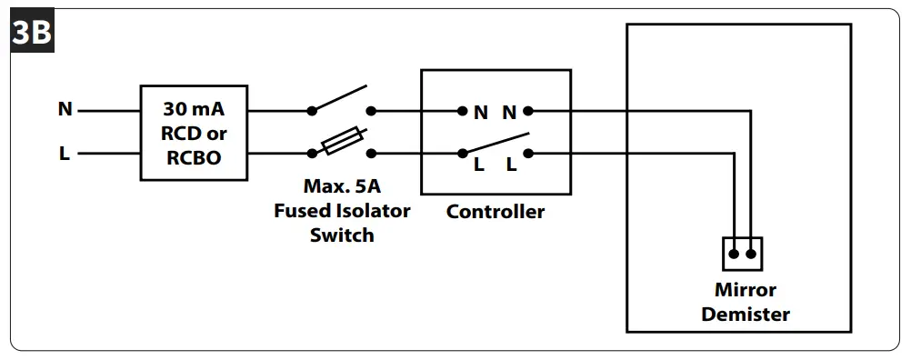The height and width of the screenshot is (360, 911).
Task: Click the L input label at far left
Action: pyautogui.click(x=65, y=154)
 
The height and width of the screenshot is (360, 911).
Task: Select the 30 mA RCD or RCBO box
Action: pyautogui.click(x=194, y=133)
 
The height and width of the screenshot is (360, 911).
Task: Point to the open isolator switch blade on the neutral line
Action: pyautogui.click(x=340, y=98)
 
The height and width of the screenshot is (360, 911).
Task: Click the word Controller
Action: pyautogui.click(x=496, y=212)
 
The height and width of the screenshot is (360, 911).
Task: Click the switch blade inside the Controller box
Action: pyautogui.click(x=496, y=144)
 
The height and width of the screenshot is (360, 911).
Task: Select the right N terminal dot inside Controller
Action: pyautogui.click(x=527, y=111)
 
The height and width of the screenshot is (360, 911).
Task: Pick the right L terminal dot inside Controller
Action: pyautogui.click(x=527, y=154)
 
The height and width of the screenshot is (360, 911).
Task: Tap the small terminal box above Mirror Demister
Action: pyautogui.click(x=742, y=254)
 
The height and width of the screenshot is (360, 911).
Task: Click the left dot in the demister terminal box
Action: pyautogui.click(x=733, y=255)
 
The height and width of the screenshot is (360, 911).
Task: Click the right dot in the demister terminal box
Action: pyautogui.click(x=751, y=255)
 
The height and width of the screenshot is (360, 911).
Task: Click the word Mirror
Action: pyautogui.click(x=745, y=291)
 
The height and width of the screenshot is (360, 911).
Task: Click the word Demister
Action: pyautogui.click(x=745, y=315)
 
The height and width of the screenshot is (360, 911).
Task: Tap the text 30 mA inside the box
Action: pyautogui.click(x=194, y=109)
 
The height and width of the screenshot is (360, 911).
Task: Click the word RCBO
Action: pyautogui.click(x=194, y=156)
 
